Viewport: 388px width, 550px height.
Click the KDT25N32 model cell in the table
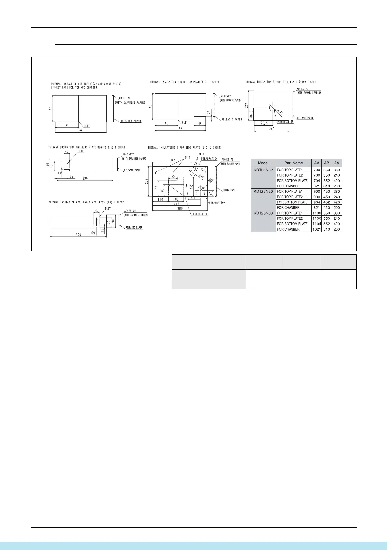263,170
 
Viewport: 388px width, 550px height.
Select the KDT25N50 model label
263,191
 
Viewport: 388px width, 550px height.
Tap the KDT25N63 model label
263,213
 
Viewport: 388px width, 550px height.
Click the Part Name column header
293,163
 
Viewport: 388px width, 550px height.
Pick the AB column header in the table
327,163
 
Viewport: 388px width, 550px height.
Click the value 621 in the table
316,186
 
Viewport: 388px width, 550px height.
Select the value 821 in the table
316,208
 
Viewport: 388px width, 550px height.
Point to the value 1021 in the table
317,229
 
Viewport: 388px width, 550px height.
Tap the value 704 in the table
316,181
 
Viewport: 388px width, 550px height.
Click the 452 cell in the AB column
327,202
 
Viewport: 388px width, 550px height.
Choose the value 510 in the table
327,229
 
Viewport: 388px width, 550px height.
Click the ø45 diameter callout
280,112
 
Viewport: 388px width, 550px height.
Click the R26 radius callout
210,180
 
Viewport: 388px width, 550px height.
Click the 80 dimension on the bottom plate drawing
200,123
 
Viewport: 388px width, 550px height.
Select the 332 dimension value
176,203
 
